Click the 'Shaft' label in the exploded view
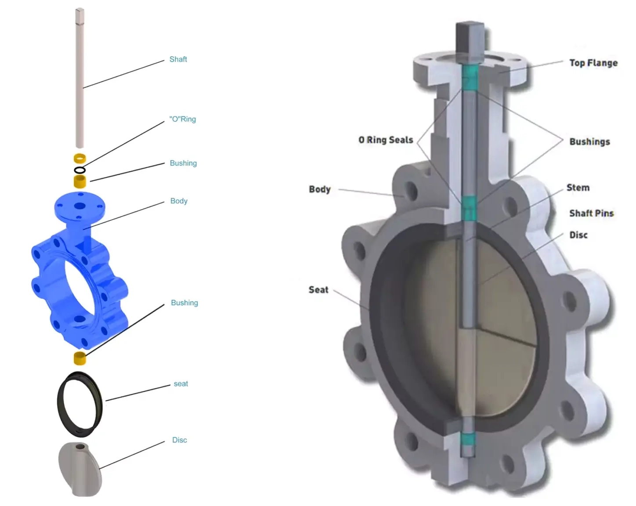(178, 59)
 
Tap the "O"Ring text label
(182, 119)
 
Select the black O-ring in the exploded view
(79, 170)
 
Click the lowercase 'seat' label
(181, 384)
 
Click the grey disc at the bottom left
(81, 470)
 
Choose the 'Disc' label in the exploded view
(179, 440)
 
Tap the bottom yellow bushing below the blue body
(79, 358)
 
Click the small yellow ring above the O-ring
(79, 158)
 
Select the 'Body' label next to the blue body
(179, 201)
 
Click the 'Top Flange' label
(593, 63)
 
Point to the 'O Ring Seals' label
(386, 140)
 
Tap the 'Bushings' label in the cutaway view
(589, 142)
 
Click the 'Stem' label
(578, 188)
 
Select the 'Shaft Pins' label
(591, 213)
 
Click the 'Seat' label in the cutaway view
(318, 290)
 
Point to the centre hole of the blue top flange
(80, 206)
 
